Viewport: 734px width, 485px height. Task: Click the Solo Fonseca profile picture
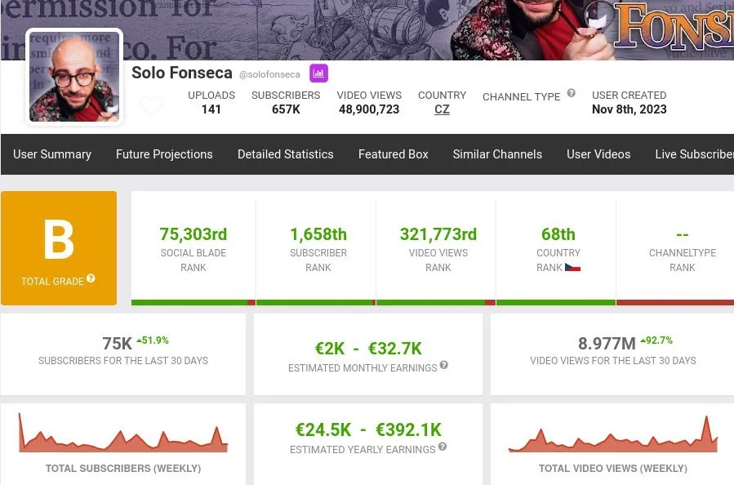click(x=74, y=77)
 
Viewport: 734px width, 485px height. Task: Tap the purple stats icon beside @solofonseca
click(x=318, y=73)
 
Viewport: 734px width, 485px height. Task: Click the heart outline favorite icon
click(x=151, y=106)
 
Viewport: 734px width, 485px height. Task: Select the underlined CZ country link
click(x=442, y=109)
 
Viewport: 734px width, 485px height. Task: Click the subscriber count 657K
click(x=286, y=109)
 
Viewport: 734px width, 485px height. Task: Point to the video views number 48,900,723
click(x=369, y=109)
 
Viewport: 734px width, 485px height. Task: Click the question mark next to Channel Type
click(x=572, y=93)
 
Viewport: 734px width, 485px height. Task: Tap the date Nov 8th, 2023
click(x=629, y=109)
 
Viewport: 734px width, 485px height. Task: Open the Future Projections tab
click(x=164, y=154)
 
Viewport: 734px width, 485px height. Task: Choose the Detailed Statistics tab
click(x=285, y=154)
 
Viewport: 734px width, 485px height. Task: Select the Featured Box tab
click(x=393, y=154)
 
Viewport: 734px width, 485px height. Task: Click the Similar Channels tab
click(x=497, y=154)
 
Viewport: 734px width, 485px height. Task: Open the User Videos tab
click(x=598, y=154)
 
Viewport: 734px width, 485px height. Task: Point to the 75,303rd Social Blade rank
click(x=194, y=234)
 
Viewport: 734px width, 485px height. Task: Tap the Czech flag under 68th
click(x=572, y=267)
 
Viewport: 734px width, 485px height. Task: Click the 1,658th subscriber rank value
click(x=318, y=234)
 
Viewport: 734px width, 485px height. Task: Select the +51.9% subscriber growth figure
click(x=153, y=340)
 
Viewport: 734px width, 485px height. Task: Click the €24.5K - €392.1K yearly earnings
click(x=368, y=429)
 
